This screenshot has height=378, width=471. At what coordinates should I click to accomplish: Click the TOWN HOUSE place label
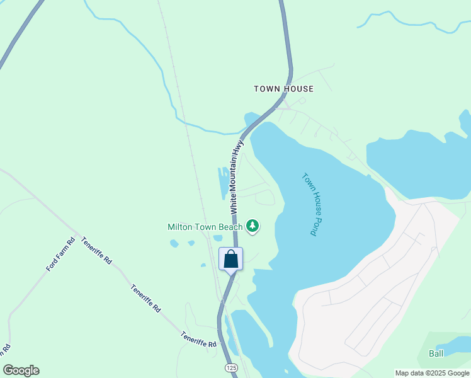[x=283, y=89]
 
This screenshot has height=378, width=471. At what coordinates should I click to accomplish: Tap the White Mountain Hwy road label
[x=236, y=175]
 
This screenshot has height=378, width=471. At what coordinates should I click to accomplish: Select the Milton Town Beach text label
[x=205, y=227]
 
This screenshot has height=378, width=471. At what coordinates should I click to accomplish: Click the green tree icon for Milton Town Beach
[x=253, y=226]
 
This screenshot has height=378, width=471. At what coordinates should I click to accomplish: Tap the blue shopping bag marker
[x=231, y=259]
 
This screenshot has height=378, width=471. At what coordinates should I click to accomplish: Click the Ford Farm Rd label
[x=60, y=255]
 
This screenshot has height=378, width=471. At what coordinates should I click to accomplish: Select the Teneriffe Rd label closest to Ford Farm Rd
[x=96, y=251]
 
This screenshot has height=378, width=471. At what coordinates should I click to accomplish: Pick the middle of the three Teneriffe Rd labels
[x=146, y=299]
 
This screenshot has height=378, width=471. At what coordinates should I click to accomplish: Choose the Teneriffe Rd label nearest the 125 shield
[x=198, y=340]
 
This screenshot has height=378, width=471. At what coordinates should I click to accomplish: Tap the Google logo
[x=21, y=370]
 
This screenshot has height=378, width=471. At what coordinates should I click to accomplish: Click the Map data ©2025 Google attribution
[x=432, y=373]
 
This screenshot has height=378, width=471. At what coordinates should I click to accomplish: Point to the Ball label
[x=436, y=353]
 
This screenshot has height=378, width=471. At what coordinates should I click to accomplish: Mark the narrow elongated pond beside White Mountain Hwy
[x=224, y=183]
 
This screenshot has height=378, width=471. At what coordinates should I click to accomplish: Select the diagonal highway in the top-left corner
[x=19, y=35]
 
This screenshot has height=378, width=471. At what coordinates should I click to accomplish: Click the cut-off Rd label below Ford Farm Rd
[x=6, y=348]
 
